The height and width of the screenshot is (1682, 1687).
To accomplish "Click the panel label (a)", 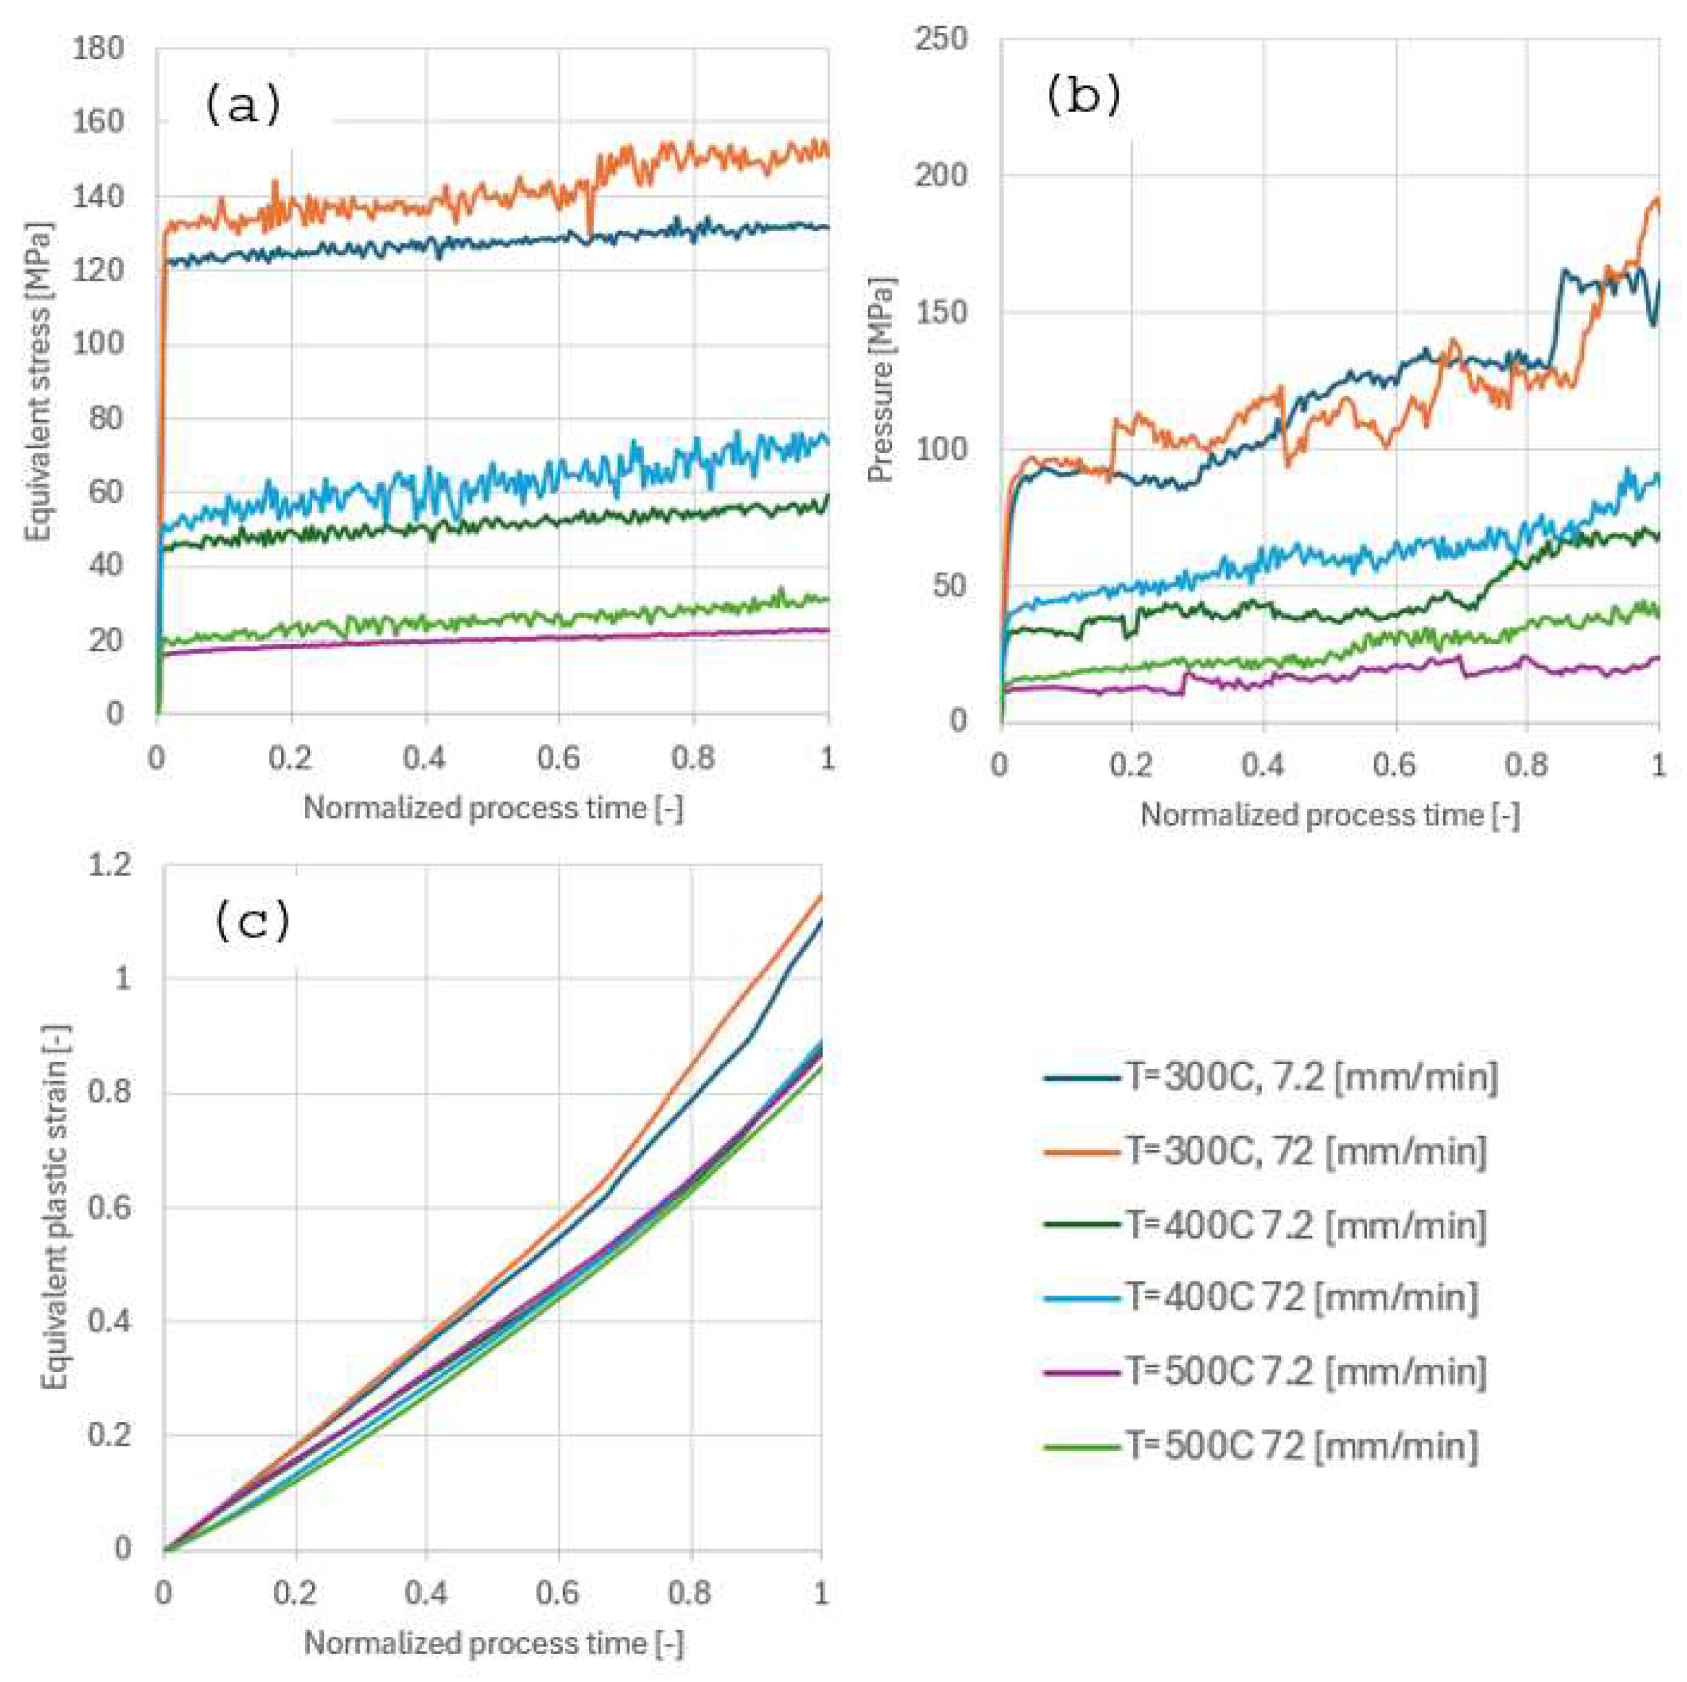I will pyautogui.click(x=243, y=106).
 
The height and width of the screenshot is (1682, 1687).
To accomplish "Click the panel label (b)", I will pyautogui.click(x=1083, y=97).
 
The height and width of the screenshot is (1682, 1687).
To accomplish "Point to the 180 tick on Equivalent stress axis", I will pyautogui.click(x=101, y=49).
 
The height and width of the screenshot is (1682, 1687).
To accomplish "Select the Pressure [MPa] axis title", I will pyautogui.click(x=882, y=381).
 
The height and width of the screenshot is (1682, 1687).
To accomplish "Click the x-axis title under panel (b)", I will pyautogui.click(x=1329, y=815).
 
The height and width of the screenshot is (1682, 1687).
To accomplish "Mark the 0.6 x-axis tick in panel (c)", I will pyautogui.click(x=558, y=1593).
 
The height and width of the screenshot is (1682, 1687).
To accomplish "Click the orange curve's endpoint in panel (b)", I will pyautogui.click(x=1657, y=199).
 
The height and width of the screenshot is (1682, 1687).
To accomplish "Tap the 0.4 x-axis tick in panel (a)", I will pyautogui.click(x=424, y=758).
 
